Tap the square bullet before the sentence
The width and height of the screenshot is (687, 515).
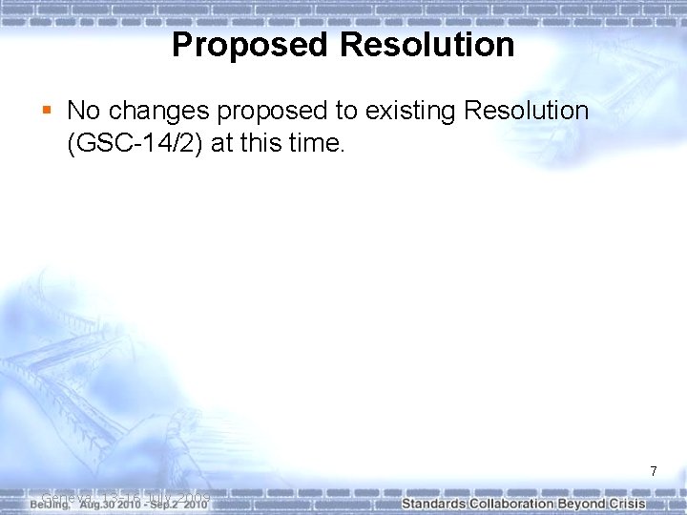48,112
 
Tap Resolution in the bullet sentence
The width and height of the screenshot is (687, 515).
526,111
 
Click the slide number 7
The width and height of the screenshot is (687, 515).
654,471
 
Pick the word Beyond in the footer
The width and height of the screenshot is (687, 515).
585,503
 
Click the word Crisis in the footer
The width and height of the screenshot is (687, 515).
627,503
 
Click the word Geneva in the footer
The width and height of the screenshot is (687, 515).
65,497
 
